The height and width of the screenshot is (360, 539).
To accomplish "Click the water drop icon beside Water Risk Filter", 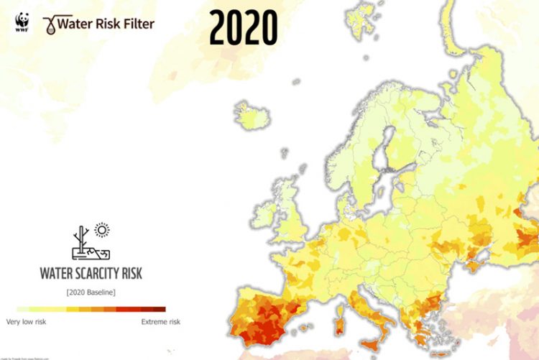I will point(50,24).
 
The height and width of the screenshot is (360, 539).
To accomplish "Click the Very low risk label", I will point(27,321).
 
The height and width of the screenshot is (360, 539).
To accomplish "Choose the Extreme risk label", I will point(160,321).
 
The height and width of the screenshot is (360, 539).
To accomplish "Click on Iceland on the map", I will point(252,114).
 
